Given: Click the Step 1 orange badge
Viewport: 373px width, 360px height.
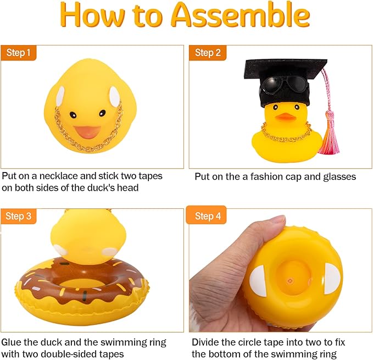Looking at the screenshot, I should [x=19, y=53].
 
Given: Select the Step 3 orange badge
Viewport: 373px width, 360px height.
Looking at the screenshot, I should [x=19, y=216].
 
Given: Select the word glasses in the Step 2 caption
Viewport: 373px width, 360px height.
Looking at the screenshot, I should [x=337, y=176].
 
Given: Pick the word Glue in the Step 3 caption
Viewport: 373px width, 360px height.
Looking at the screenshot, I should [x=12, y=342].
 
